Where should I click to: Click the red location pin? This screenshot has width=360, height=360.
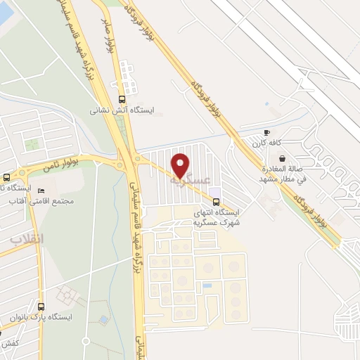point(181,165)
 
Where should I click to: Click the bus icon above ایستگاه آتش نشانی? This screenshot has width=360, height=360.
point(123,99)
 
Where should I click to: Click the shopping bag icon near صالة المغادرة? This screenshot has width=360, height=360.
point(281,160)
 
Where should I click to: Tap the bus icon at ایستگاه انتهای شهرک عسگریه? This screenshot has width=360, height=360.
point(215,200)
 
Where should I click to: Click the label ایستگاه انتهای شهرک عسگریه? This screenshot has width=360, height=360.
point(215,217)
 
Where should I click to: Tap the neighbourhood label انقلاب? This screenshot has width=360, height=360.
point(27,239)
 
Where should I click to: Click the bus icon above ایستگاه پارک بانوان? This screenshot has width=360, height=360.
point(41,307)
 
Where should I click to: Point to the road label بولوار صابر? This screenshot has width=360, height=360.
point(110,38)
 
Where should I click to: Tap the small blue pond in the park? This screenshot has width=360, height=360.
point(104,320)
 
